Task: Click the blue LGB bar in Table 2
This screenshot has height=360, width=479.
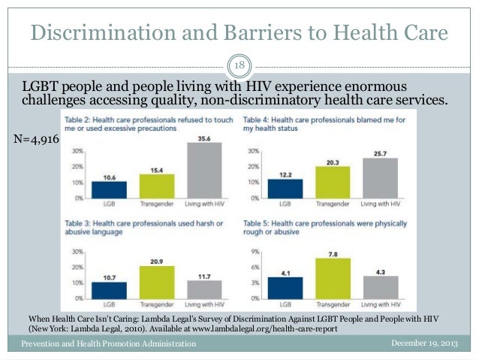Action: tap(110, 189)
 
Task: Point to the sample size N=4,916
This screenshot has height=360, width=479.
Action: tap(35, 140)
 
